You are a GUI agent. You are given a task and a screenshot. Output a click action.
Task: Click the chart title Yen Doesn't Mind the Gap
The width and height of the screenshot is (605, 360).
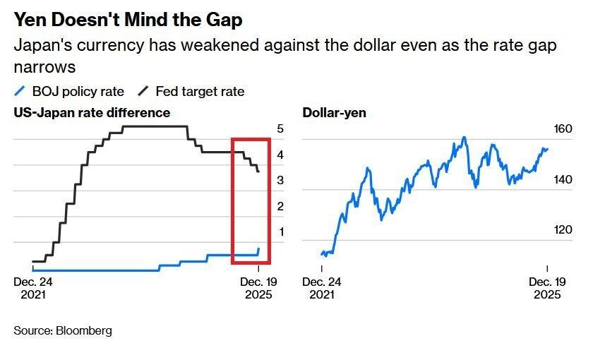point(128,20)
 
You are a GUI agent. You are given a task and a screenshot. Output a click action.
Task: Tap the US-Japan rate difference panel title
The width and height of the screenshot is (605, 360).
point(92,112)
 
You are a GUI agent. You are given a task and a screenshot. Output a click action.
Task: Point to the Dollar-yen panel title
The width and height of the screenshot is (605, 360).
point(334,112)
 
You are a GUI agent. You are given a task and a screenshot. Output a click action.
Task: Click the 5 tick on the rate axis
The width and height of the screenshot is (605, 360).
point(280,129)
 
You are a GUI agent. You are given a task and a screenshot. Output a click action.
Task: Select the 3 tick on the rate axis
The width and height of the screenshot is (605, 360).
point(280,181)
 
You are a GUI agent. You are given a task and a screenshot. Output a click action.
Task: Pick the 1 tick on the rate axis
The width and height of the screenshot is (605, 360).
point(280,232)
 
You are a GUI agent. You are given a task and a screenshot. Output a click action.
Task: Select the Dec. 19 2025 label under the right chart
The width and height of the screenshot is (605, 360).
point(545,287)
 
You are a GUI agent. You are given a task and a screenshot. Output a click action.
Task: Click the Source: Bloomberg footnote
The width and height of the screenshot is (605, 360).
point(63,330)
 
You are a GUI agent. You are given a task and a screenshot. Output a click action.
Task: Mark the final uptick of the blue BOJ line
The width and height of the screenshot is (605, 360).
point(258,250)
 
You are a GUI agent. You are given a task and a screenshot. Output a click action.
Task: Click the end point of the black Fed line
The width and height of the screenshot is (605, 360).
point(258,172)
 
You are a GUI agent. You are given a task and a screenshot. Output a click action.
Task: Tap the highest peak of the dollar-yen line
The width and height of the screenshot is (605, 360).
point(464,137)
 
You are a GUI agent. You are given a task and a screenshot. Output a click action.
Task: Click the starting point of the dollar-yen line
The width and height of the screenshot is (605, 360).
point(321,253)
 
